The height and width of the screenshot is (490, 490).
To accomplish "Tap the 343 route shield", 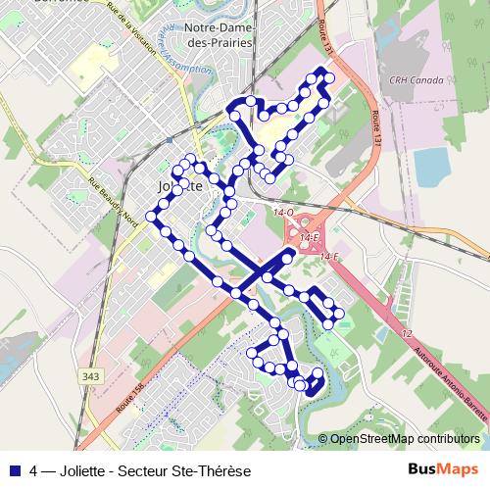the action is [x=92, y=376].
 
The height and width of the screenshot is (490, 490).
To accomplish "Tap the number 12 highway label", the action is [x=405, y=333].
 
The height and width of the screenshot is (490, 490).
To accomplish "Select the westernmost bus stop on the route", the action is [x=152, y=215].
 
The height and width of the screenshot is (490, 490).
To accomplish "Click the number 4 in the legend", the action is [x=34, y=470].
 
